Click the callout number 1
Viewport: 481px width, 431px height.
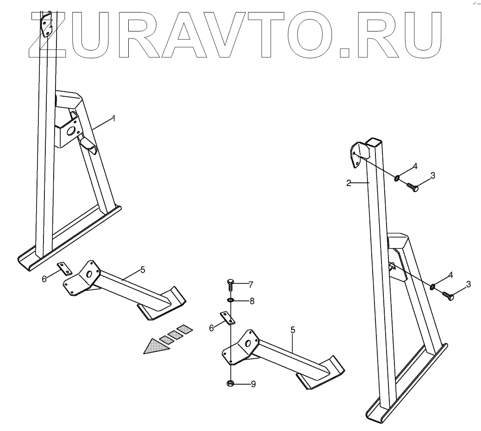pyautogui.click(x=114, y=119)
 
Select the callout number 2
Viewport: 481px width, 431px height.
pyautogui.click(x=349, y=183)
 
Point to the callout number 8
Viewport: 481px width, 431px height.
pyautogui.click(x=251, y=301)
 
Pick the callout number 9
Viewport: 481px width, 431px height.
pyautogui.click(x=253, y=384)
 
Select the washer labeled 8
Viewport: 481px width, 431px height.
pyautogui.click(x=231, y=300)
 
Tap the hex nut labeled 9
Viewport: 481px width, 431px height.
pyautogui.click(x=231, y=383)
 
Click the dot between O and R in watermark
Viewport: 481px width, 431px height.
pyautogui.click(x=344, y=51)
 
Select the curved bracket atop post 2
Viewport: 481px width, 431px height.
pyautogui.click(x=356, y=153)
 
